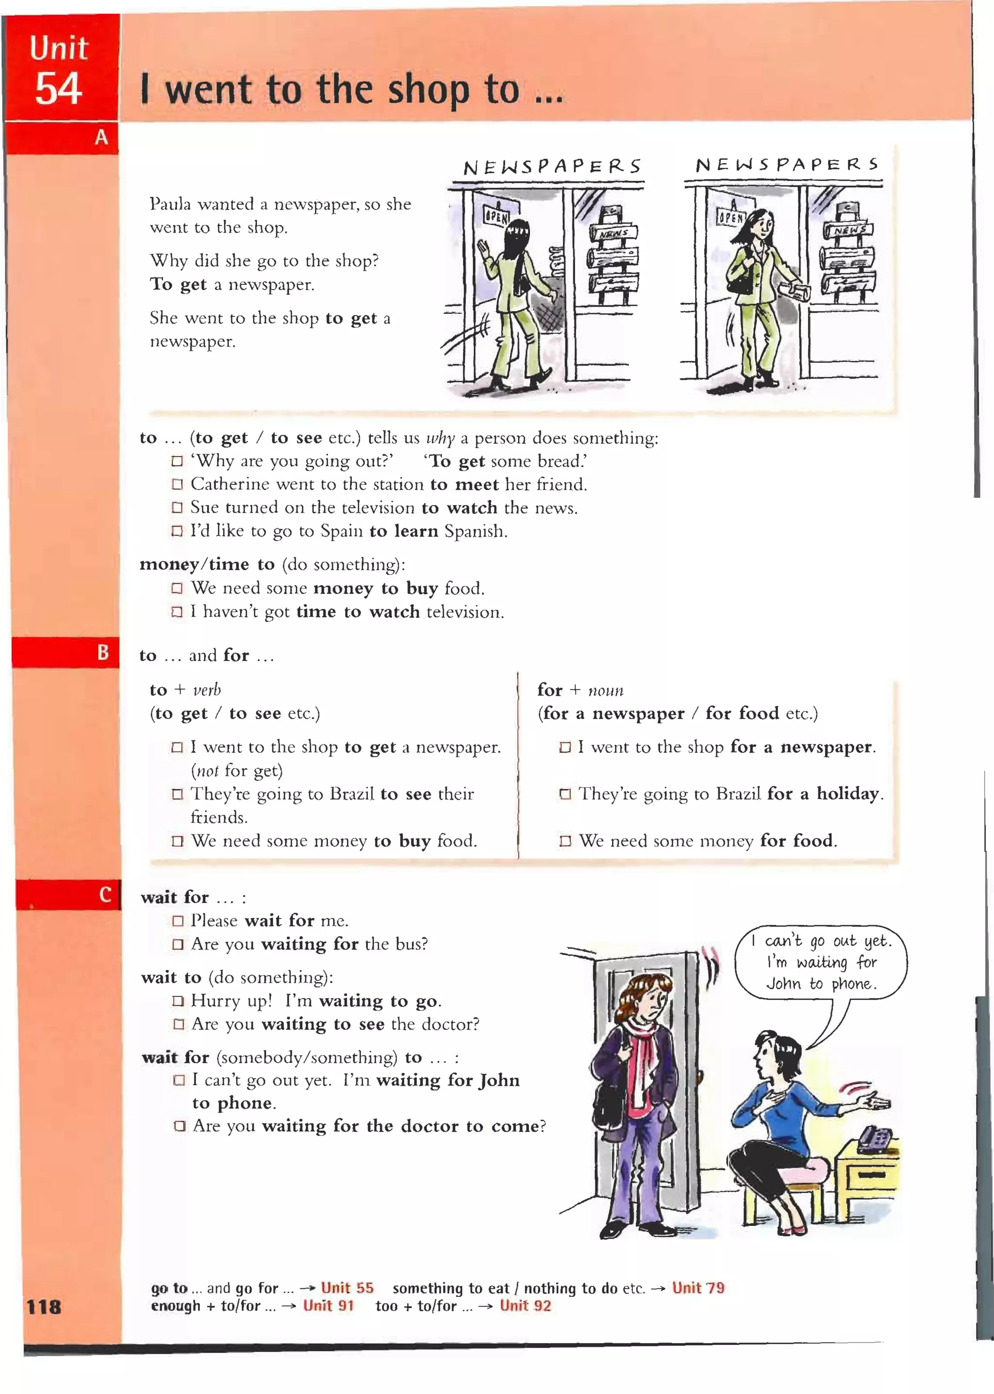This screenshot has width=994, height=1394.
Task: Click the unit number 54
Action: tap(58, 89)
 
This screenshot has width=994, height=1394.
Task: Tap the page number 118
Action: tap(44, 1307)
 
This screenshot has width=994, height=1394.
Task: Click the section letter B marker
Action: tap(103, 652)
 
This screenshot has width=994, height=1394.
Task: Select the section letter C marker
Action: tap(105, 895)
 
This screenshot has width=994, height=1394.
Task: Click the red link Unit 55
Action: tap(347, 1288)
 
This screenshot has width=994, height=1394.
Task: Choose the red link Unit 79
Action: tap(698, 1288)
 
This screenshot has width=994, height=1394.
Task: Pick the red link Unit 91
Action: tap(329, 1305)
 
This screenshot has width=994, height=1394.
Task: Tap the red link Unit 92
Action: tap(525, 1305)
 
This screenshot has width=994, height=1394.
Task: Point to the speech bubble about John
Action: tap(821, 962)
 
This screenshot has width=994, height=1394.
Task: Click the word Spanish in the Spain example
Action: tap(475, 531)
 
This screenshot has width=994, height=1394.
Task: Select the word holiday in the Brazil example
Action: tap(848, 794)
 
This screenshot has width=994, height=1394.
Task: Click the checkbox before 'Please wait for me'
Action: tap(178, 921)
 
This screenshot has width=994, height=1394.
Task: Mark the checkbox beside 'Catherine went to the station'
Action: tap(177, 485)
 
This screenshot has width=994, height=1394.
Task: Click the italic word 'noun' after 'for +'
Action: tap(605, 690)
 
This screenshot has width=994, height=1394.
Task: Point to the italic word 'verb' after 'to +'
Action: tap(207, 690)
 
